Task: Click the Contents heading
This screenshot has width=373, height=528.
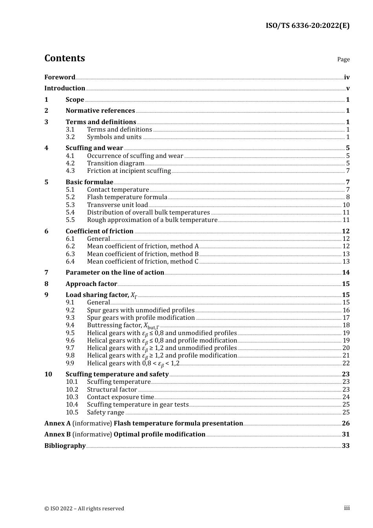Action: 64,58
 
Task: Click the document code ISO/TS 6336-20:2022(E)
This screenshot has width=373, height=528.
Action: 307,26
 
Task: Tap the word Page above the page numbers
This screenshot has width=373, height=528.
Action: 343,59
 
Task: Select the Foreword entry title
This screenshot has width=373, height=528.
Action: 60,77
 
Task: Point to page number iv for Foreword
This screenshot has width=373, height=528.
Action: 347,77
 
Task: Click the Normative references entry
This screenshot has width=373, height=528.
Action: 100,111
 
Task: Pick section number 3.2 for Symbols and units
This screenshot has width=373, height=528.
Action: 70,137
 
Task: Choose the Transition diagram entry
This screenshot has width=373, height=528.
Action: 115,163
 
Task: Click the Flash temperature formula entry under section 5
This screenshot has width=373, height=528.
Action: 127,197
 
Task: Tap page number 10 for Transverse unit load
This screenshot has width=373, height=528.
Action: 346,205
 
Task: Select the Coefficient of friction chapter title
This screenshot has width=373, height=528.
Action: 99,231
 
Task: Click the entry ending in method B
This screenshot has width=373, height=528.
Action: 143,254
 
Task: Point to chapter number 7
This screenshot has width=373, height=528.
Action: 46,273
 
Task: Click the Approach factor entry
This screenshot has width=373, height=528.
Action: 91,284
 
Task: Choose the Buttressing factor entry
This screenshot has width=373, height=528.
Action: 123,325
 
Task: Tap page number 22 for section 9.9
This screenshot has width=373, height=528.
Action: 346,363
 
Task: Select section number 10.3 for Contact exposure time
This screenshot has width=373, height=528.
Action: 72,397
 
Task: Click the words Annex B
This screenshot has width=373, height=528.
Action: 57,434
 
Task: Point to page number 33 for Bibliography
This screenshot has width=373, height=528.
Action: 346,446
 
